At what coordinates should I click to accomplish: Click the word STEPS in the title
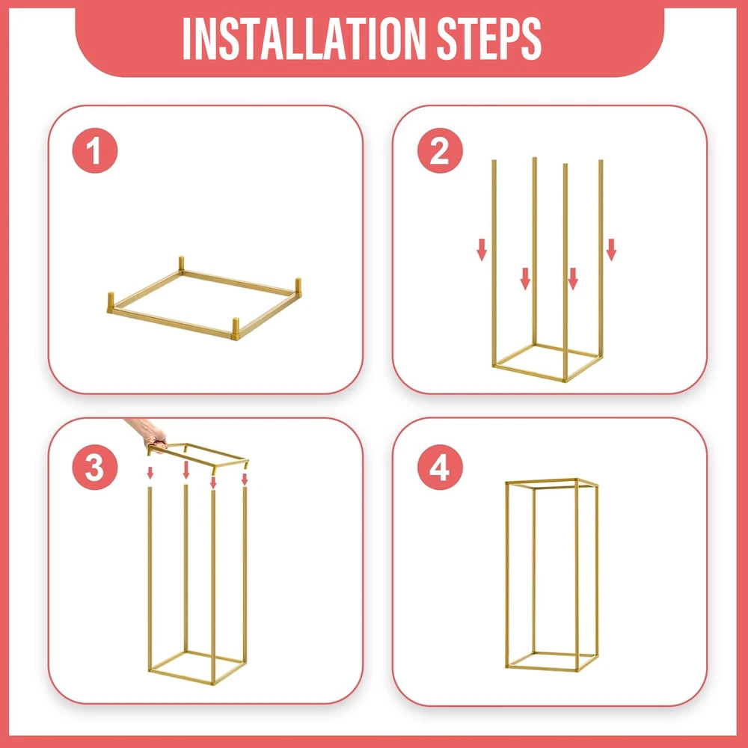pyautogui.click(x=489, y=39)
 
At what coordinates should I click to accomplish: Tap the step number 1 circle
pyautogui.click(x=95, y=151)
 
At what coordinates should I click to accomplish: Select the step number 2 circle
pyautogui.click(x=440, y=151)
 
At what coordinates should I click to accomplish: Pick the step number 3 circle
pyautogui.click(x=95, y=467)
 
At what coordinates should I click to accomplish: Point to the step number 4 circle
pyautogui.click(x=440, y=467)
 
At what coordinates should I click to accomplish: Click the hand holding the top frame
pyautogui.click(x=148, y=433)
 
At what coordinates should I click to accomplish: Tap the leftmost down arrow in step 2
pyautogui.click(x=482, y=250)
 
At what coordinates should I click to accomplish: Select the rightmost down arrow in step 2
pyautogui.click(x=611, y=250)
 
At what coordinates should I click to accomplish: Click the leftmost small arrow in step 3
pyautogui.click(x=150, y=473)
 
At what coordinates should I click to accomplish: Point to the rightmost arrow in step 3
pyautogui.click(x=245, y=479)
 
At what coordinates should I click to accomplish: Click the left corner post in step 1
pyautogui.click(x=111, y=301)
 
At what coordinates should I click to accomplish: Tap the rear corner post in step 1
pyautogui.click(x=181, y=264)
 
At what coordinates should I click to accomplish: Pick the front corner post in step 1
pyautogui.click(x=235, y=328)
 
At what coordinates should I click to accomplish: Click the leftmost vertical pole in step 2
pyautogui.click(x=494, y=263)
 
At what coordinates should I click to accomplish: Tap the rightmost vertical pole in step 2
pyautogui.click(x=601, y=258)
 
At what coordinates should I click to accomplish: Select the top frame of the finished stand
pyautogui.click(x=552, y=483)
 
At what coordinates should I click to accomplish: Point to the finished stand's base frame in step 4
pyautogui.click(x=552, y=661)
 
